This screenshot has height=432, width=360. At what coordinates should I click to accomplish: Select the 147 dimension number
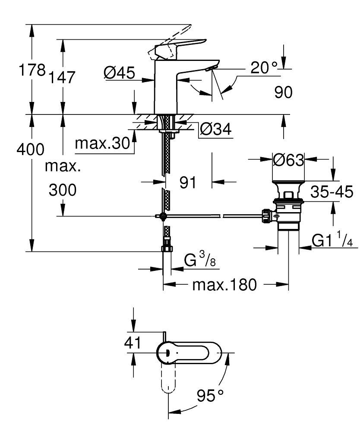62,77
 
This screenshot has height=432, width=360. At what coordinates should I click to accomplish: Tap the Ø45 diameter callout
120,73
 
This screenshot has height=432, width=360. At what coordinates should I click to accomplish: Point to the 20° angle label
264,67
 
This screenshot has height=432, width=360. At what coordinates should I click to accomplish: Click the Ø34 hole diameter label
216,129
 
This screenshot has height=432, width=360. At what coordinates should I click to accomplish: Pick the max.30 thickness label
102,143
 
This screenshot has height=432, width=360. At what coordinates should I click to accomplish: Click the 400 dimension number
30,149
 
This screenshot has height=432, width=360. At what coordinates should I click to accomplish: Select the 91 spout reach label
188,182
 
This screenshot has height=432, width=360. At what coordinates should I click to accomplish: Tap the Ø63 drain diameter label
289,160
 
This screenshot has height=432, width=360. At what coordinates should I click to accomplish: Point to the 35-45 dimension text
332,192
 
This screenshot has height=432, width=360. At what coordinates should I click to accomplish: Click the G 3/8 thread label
200,259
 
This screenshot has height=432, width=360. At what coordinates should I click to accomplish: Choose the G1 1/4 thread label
332,239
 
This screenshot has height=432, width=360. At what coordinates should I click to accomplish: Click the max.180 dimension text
224,285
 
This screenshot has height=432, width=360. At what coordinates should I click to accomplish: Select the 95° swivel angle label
210,396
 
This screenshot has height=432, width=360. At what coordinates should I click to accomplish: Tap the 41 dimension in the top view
133,343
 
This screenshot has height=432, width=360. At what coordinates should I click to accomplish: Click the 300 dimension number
63,190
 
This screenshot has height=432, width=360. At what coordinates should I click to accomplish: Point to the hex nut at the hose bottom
167,248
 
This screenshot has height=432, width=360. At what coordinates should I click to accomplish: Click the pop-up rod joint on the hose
163,216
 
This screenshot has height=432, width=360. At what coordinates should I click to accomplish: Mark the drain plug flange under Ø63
288,183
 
